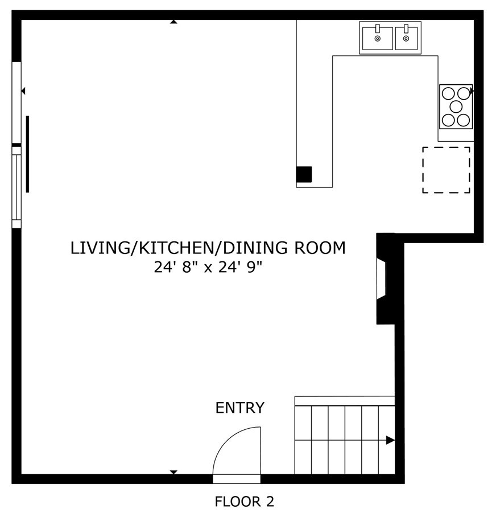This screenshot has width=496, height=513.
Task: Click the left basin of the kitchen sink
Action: click(377, 38)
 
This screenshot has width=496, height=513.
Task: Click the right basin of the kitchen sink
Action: click(406, 38)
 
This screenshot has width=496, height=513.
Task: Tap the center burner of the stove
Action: click(456, 106)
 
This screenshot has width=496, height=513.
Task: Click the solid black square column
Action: click(304, 174)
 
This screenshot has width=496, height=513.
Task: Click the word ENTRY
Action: click(240, 408)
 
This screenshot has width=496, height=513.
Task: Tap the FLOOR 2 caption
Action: click(244, 502)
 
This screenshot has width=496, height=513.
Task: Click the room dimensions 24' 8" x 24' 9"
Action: click(208, 268)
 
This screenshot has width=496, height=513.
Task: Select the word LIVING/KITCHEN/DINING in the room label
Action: click(179, 248)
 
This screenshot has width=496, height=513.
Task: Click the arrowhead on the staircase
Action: click(390, 440)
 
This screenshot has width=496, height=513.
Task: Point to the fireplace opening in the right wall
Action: click(381, 278)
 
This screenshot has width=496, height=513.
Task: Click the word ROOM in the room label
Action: click(320, 248)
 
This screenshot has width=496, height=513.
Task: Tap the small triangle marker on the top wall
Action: click(173, 22)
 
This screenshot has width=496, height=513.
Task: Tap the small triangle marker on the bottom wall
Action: click(173, 472)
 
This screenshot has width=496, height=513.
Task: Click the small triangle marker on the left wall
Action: click(23, 91)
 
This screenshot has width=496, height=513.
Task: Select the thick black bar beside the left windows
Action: click(27, 154)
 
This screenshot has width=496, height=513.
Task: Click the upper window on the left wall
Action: click(16, 102)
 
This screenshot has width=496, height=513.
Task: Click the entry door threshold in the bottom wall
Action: click(237, 479)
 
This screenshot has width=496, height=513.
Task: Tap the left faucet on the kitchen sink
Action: click(377, 28)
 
